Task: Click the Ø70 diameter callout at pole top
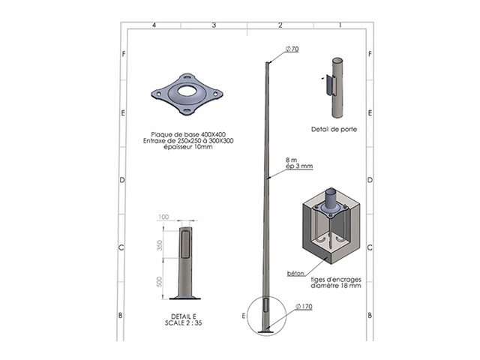pos(292,49)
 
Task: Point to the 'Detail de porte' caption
pos(334,129)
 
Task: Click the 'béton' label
pos(295,274)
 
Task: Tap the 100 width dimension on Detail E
pos(163,217)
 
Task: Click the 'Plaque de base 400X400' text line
pos(181,133)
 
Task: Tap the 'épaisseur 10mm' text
pos(181,147)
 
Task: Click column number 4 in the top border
pos(153,26)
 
